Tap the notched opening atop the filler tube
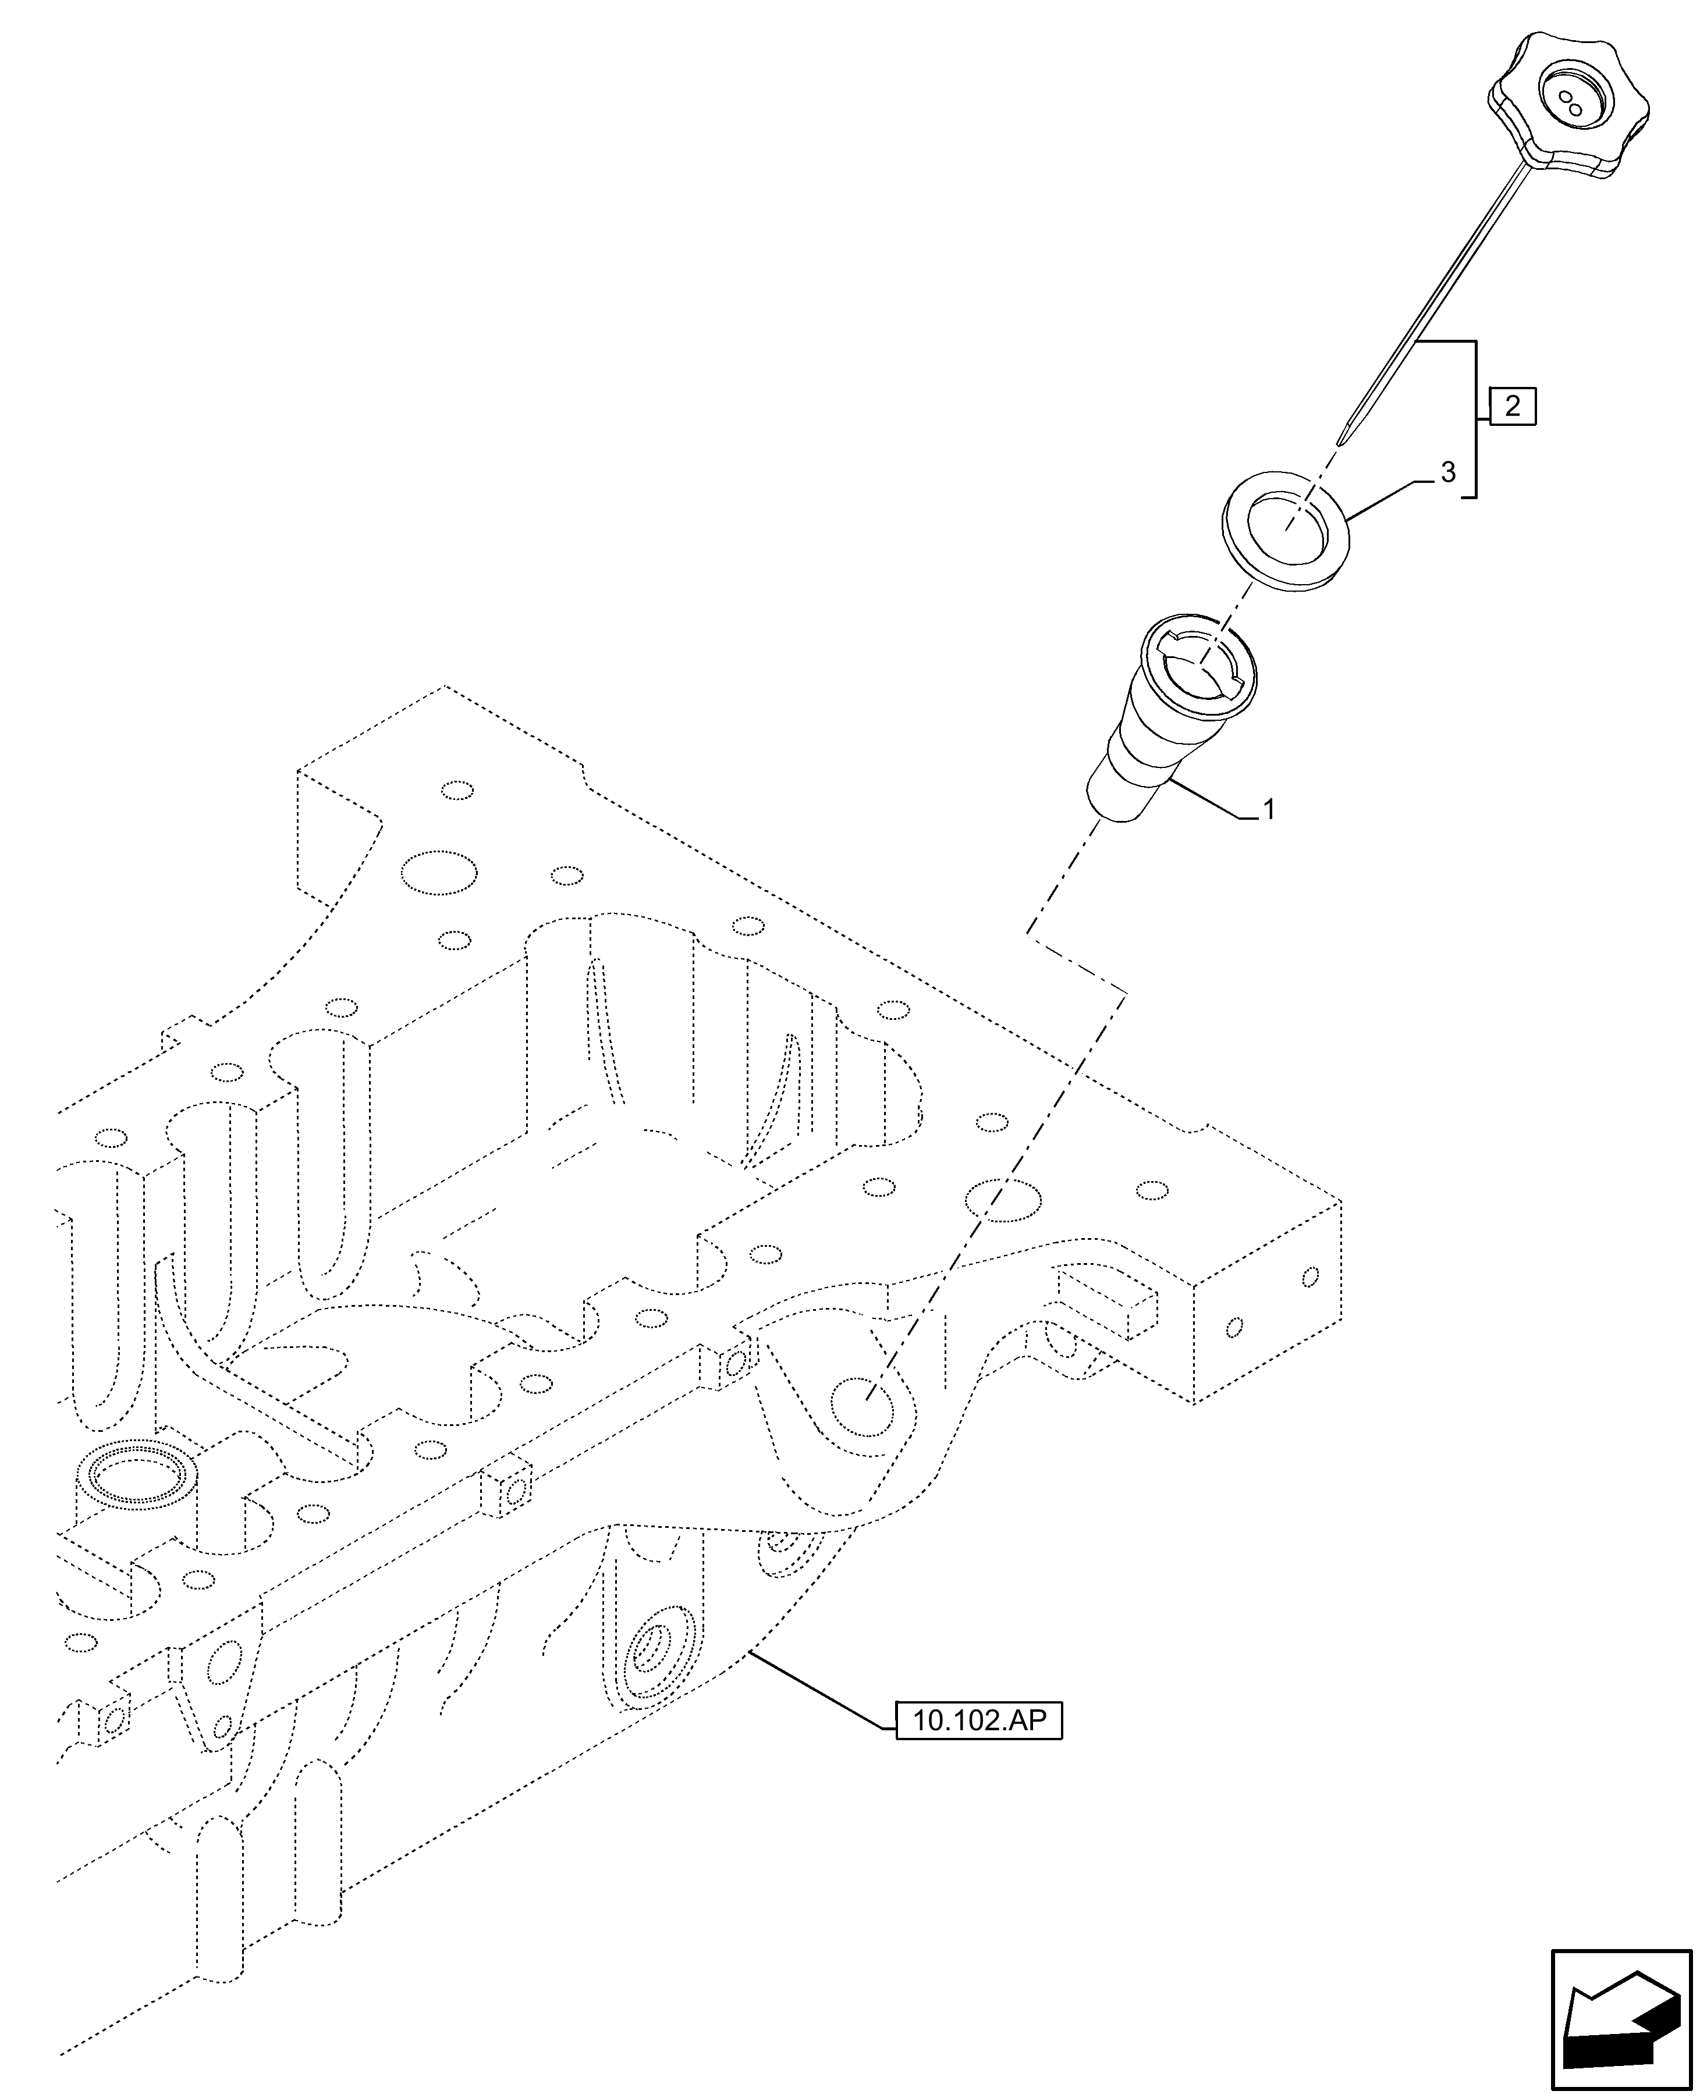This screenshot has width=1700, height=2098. click(x=1201, y=666)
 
